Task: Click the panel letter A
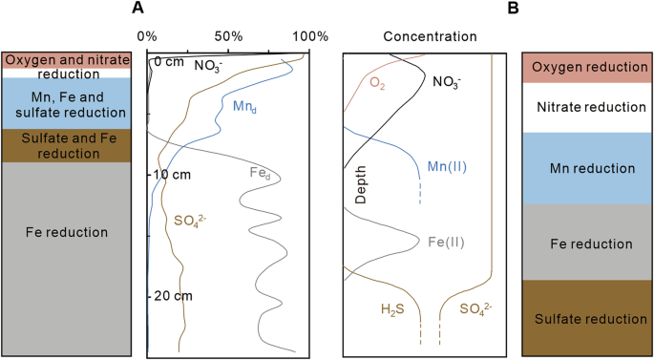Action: (x=138, y=9)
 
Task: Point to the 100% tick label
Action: (x=310, y=35)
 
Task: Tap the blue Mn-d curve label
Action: (x=245, y=107)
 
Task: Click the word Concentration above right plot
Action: (x=430, y=36)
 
